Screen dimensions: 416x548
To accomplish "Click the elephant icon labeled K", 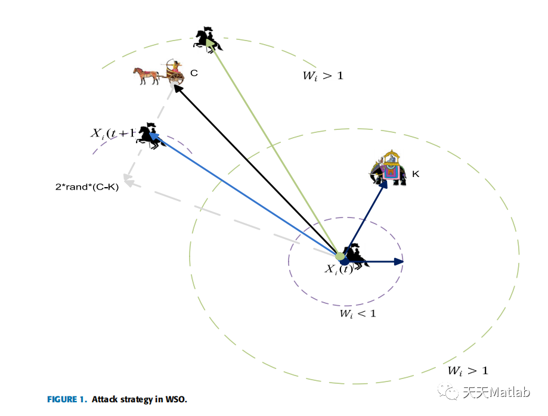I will [388, 169].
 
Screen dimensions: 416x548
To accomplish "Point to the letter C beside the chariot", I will [194, 73].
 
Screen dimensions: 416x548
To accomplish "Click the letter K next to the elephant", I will [416, 174].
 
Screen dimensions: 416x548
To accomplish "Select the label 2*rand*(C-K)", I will [87, 187].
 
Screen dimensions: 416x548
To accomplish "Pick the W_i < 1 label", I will [358, 313].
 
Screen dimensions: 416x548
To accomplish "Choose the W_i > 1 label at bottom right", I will [468, 371].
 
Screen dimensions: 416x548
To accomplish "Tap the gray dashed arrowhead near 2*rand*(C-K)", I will [126, 178].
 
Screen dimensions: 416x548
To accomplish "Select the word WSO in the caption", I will [177, 399].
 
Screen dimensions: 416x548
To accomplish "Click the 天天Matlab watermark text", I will [489, 392].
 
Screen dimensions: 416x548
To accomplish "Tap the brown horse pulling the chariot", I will [145, 75].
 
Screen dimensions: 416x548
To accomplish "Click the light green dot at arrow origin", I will [340, 257].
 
